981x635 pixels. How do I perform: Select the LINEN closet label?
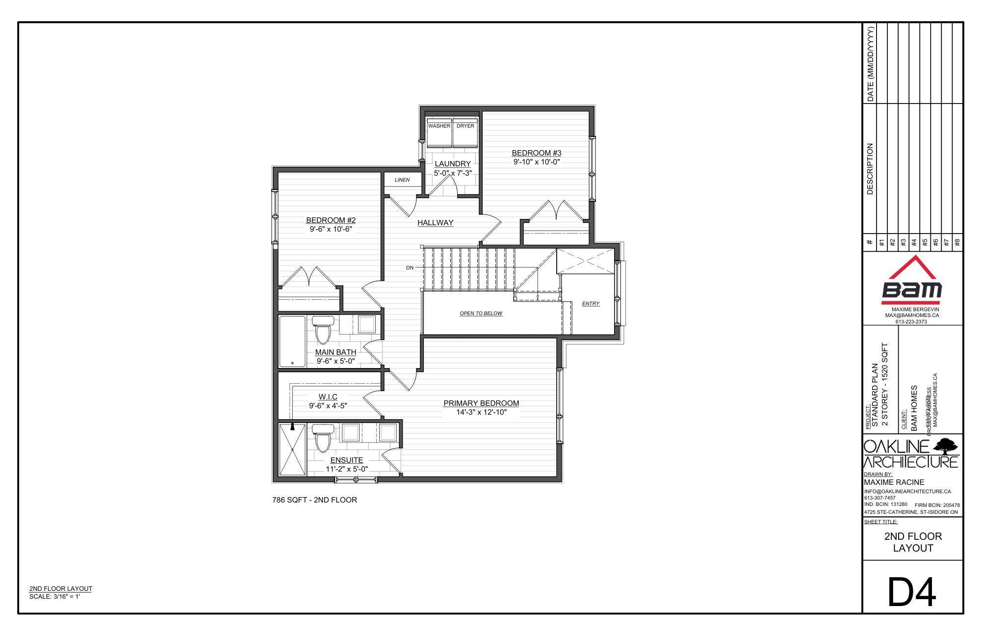click(x=402, y=180)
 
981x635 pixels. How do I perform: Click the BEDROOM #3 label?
click(x=536, y=153)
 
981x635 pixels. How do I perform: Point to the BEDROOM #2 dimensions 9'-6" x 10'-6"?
click(x=331, y=229)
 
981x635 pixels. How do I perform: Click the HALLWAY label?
click(x=435, y=223)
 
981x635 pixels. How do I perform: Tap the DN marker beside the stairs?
click(x=410, y=267)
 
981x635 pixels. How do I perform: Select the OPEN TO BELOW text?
click(x=481, y=313)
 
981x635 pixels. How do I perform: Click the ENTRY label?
click(x=591, y=304)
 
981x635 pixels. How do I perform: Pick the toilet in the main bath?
click(x=323, y=330)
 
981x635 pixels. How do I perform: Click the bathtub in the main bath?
click(x=292, y=341)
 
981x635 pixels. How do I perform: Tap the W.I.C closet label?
click(x=328, y=397)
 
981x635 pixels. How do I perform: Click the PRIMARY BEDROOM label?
click(x=481, y=403)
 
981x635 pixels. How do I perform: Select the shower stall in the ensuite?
click(x=292, y=450)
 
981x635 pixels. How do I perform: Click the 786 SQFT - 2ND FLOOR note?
click(x=314, y=500)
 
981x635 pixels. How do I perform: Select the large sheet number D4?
click(x=912, y=593)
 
